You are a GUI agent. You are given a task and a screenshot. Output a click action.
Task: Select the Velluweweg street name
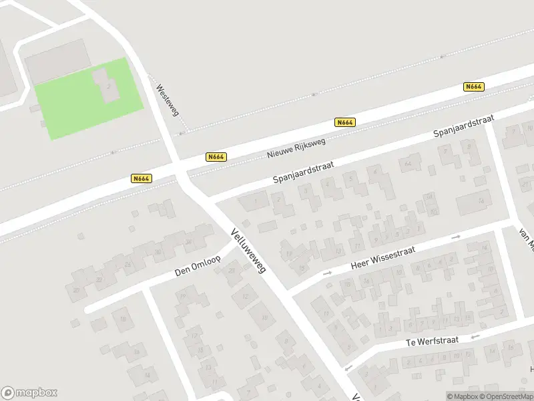tap(248, 251)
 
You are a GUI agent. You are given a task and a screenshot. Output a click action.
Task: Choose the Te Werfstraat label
tap(432, 342)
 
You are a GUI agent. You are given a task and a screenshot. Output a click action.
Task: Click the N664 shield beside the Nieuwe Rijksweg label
tap(216, 157)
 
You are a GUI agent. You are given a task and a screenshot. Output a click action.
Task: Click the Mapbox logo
tap(29, 392)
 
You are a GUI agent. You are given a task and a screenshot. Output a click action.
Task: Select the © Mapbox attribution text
tap(463, 396)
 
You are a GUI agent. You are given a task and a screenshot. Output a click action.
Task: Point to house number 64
tap(407, 162)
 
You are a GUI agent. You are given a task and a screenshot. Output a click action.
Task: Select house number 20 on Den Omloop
tap(76, 290)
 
